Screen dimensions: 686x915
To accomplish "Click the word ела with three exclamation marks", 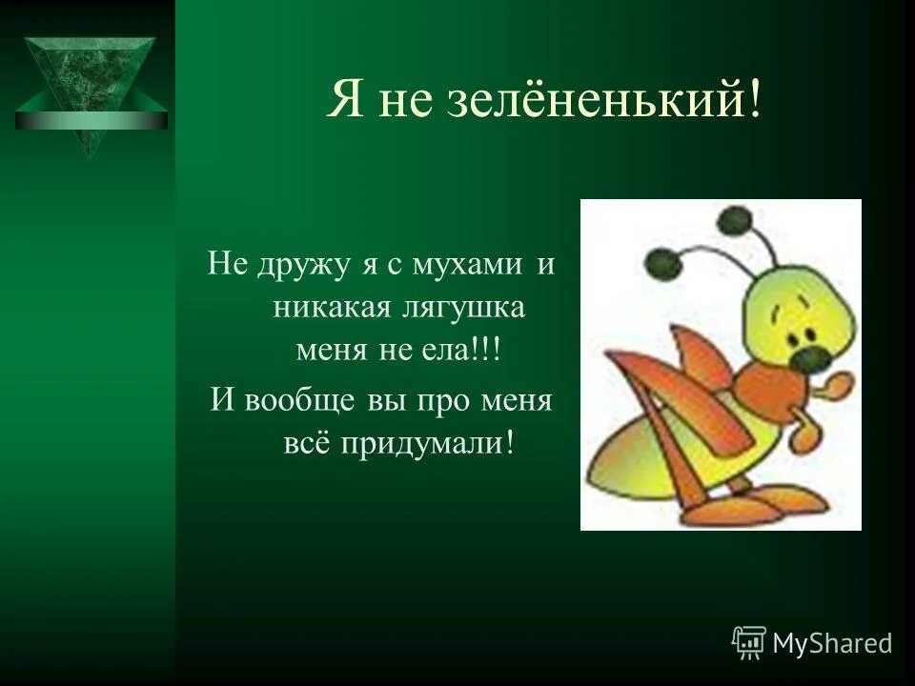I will (467, 352).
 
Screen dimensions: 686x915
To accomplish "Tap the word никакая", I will (323, 307).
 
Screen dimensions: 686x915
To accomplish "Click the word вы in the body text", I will (387, 398).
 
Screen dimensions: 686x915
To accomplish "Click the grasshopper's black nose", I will (812, 356).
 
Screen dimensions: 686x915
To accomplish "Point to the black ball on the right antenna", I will (733, 222).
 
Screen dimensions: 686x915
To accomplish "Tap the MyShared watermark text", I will (832, 643).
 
